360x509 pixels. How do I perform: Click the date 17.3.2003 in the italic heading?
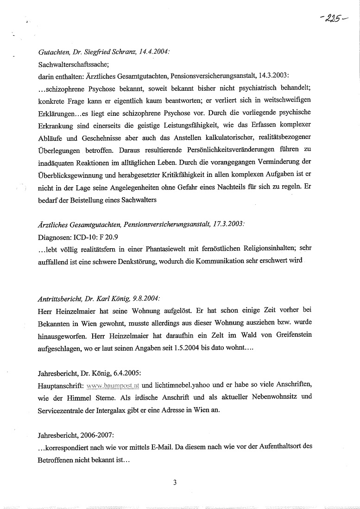(x=227, y=224)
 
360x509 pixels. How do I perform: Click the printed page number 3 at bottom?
(x=175, y=483)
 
